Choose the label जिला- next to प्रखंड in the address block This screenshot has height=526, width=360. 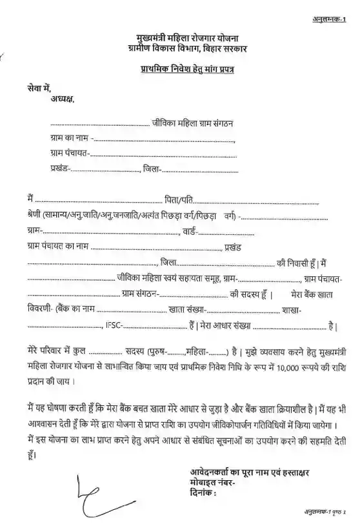[154, 168]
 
